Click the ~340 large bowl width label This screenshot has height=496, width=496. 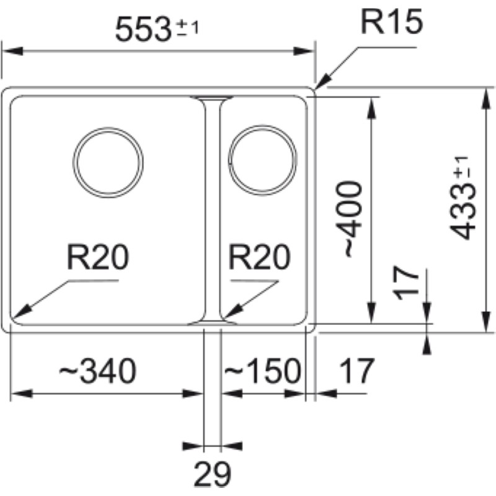pyautogui.click(x=97, y=372)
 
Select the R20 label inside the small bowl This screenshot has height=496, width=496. pyautogui.click(x=259, y=257)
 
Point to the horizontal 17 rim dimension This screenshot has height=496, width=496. pyautogui.click(x=357, y=372)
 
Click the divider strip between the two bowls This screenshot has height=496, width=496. pyautogui.click(x=211, y=211)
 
